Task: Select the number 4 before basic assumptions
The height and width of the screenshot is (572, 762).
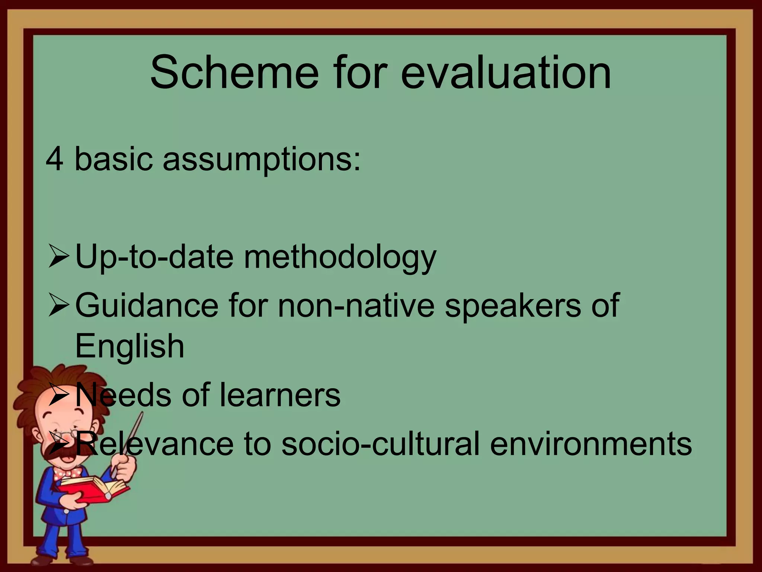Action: [x=54, y=159]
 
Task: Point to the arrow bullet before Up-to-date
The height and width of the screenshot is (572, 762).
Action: [x=58, y=257]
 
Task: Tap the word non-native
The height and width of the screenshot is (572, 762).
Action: [x=356, y=305]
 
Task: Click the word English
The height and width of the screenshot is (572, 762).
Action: [x=129, y=346]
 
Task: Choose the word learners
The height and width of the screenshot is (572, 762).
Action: [x=280, y=395]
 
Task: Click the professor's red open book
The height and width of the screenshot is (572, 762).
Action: [x=93, y=488]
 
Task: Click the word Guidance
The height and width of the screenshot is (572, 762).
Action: [x=147, y=305]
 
